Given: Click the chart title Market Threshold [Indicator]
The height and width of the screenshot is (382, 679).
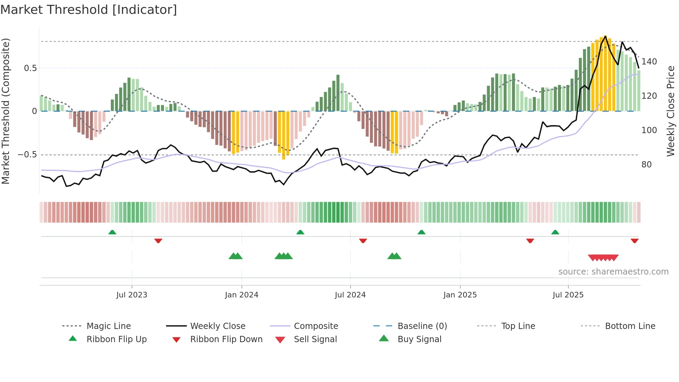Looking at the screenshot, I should tap(89, 10).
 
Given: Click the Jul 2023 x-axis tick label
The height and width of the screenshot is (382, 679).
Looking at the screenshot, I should tap(132, 295).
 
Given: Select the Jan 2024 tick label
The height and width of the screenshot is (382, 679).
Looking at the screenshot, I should tap(241, 295).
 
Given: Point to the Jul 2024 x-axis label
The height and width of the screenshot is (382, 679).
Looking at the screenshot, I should tap(350, 295).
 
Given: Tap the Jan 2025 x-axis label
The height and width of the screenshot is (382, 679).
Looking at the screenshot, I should tap(460, 295).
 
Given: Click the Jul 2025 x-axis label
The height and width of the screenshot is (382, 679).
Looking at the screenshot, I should tap(568, 295).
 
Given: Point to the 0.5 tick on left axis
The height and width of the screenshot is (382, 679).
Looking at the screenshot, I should tap(30, 68).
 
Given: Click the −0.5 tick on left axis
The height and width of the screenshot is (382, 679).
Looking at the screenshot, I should tap(27, 155).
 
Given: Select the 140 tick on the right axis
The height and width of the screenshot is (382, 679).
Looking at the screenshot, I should tap(649, 62).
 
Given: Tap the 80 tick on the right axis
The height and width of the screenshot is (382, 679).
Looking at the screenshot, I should tap(646, 165).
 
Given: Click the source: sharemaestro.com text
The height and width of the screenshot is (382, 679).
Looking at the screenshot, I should tap(613, 272).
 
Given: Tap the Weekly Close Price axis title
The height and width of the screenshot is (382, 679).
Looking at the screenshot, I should tap(671, 111).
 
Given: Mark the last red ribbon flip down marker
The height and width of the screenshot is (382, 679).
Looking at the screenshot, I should tap(634, 241).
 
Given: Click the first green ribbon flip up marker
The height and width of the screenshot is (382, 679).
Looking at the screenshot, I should tap(112, 232).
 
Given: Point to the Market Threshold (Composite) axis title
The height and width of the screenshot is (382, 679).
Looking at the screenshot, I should tap(6, 111).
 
